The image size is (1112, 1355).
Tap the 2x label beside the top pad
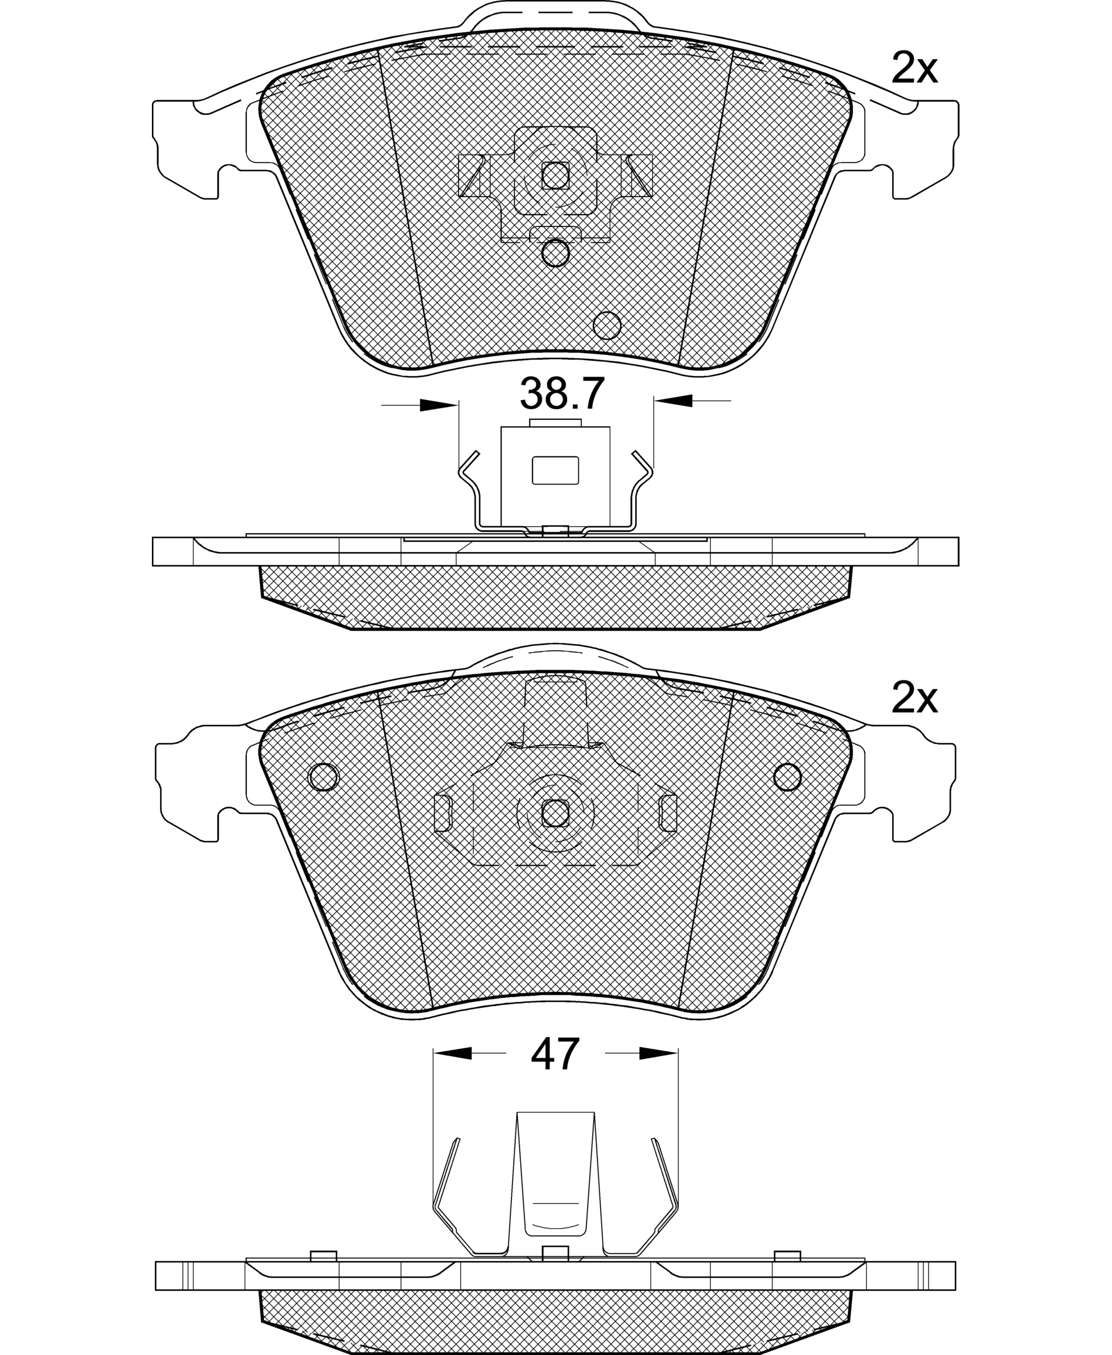(914, 69)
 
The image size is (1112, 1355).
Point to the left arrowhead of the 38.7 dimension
(439, 405)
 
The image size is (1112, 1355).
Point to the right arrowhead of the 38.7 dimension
(673, 401)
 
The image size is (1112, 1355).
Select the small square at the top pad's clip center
(555, 175)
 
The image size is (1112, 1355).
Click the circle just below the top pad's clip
(555, 253)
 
